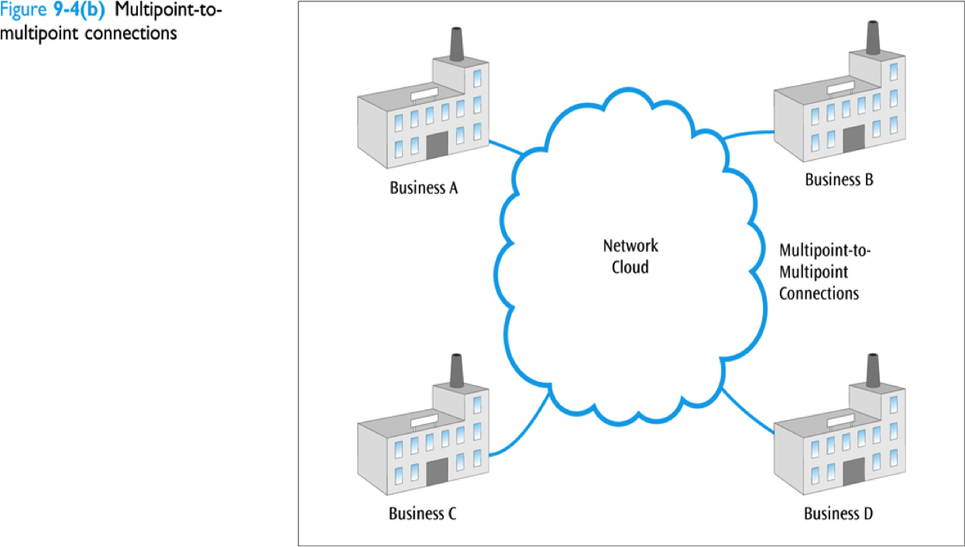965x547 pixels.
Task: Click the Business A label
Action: tap(424, 187)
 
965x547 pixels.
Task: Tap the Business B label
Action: tap(840, 180)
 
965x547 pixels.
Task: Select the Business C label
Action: tap(423, 513)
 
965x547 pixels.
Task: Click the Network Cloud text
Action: tap(630, 256)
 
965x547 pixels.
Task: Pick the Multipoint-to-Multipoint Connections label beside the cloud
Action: tap(819, 272)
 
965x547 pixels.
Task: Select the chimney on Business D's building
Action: tap(873, 370)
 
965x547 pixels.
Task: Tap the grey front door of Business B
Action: tap(853, 138)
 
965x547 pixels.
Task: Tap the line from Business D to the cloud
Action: tap(748, 412)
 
